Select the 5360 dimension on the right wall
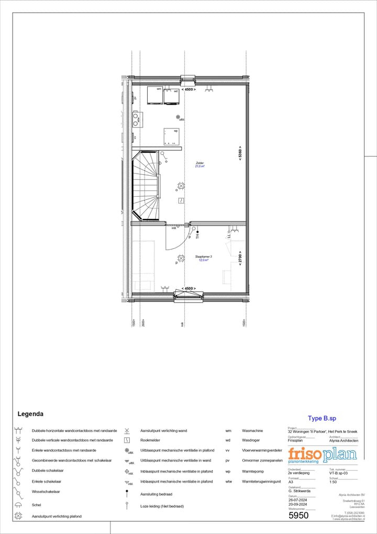pyautogui.click(x=240, y=152)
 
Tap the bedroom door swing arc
pyautogui.click(x=175, y=239)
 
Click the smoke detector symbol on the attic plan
pyautogui.click(x=181, y=200)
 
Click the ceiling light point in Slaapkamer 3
pyautogui.click(x=181, y=258)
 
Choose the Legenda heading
pyautogui.click(x=30, y=414)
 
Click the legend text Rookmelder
pyautogui.click(x=150, y=441)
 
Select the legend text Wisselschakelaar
pyautogui.click(x=46, y=492)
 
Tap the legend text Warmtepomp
pyautogui.click(x=253, y=471)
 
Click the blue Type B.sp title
pyautogui.click(x=321, y=418)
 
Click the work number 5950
pyautogui.click(x=298, y=516)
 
